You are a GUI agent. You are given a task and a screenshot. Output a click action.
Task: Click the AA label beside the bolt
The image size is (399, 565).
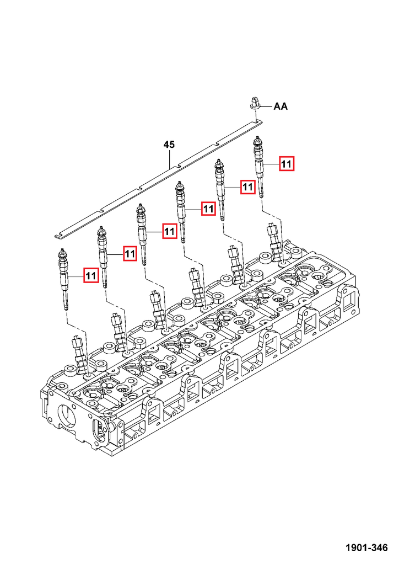281,106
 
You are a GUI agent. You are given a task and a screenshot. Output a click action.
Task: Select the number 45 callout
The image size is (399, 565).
169,145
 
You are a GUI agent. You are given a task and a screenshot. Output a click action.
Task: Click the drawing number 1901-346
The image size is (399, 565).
366,548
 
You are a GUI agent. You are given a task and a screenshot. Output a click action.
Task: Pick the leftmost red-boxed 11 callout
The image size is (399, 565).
91,276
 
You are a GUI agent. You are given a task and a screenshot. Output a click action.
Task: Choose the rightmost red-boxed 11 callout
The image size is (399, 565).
287,164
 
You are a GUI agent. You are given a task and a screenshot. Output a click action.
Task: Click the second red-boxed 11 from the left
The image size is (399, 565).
130,254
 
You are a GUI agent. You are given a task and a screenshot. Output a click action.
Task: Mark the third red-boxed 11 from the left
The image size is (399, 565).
169,231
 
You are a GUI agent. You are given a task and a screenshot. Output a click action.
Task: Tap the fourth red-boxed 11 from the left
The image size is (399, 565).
208,208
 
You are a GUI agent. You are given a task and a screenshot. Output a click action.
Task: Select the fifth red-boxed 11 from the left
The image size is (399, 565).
247,186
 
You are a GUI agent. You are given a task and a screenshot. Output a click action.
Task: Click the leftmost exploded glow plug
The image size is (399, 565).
63,279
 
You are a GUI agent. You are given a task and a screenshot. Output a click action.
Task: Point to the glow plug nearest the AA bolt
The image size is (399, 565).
258,167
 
